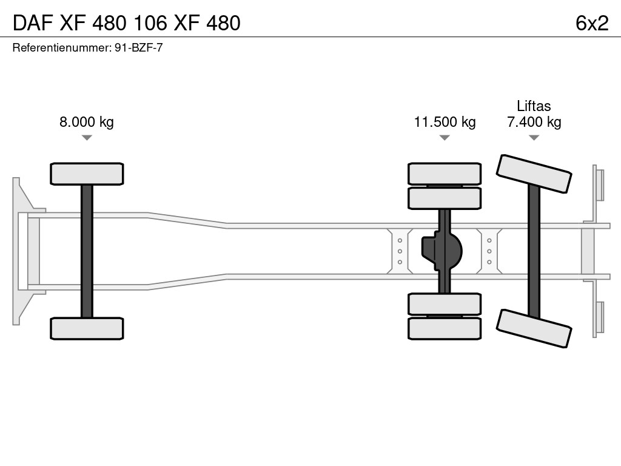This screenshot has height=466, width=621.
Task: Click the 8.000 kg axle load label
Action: [86, 122]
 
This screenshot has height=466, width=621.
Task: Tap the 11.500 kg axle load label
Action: [445, 122]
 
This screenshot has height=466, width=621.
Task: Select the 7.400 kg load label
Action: [534, 122]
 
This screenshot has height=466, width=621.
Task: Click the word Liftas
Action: [534, 106]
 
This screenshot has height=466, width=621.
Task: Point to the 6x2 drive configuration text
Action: [592, 23]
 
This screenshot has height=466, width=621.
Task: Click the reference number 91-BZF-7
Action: [138, 47]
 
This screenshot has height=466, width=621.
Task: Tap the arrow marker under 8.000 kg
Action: [87, 138]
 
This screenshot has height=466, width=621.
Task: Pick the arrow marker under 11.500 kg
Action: [445, 138]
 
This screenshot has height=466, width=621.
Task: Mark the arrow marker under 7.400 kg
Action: [534, 138]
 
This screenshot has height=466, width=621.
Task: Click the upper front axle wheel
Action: [87, 174]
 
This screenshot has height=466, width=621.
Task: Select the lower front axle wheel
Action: [87, 328]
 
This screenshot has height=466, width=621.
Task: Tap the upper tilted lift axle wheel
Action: [534, 174]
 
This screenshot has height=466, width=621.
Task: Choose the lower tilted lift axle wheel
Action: [534, 328]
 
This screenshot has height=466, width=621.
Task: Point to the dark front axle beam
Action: [87, 251]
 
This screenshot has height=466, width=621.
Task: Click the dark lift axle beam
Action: [534, 251]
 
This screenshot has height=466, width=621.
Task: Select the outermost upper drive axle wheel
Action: [445, 174]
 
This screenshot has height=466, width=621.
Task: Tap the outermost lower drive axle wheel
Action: [445, 328]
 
